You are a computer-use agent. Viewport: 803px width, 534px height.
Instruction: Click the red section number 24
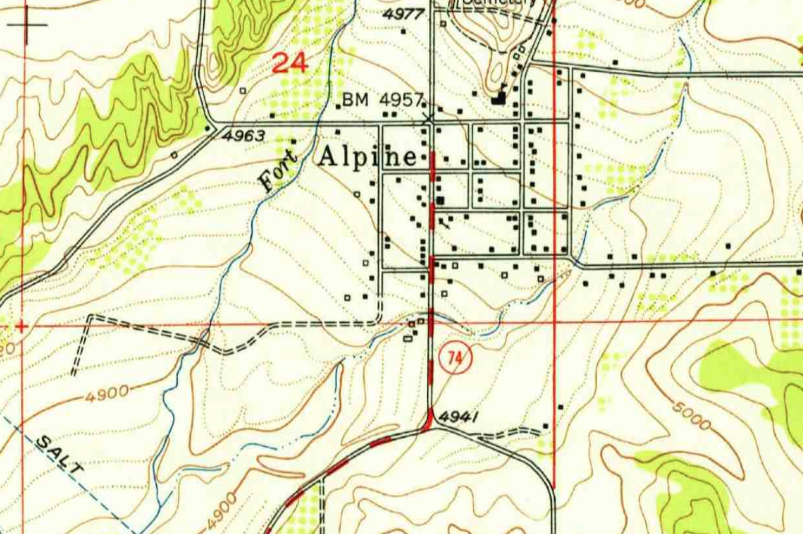pyautogui.click(x=290, y=62)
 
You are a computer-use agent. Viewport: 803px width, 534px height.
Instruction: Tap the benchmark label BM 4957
pyautogui.click(x=383, y=100)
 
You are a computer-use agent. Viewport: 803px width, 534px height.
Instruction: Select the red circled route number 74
pyautogui.click(x=456, y=358)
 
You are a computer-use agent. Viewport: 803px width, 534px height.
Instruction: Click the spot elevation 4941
pyautogui.click(x=459, y=418)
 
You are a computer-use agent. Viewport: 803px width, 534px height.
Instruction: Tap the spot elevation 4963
pyautogui.click(x=244, y=136)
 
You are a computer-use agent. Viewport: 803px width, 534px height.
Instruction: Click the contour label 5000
pyautogui.click(x=692, y=415)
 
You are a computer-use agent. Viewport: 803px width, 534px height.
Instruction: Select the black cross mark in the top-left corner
pyautogui.click(x=27, y=25)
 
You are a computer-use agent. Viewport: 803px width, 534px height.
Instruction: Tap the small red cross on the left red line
pyautogui.click(x=22, y=326)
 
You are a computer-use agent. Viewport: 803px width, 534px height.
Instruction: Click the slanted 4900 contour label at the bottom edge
pyautogui.click(x=222, y=511)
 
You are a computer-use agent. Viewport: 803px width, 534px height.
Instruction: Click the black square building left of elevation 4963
pyautogui.click(x=207, y=128)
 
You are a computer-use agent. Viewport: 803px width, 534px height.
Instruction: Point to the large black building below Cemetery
pyautogui.click(x=499, y=98)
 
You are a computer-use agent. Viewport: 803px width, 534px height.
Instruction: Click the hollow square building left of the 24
pyautogui.click(x=242, y=91)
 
